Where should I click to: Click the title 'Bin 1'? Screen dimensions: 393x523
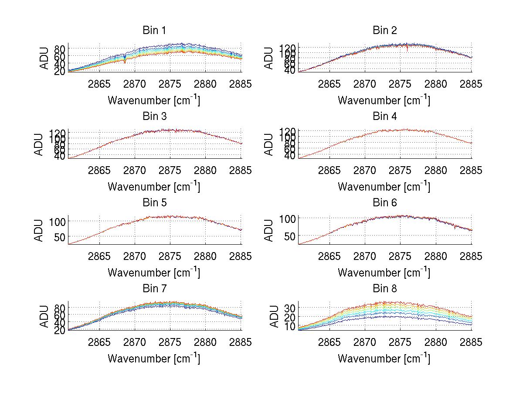coord(154,31)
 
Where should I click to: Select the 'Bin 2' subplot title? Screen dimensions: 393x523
coord(384,31)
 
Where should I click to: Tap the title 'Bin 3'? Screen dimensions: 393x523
coord(154,116)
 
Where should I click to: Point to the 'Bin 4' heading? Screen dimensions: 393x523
coord(384,116)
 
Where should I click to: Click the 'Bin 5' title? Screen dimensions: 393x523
coord(154,203)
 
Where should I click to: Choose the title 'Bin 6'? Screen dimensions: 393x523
coord(384,203)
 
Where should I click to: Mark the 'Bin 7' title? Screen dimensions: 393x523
coord(154,289)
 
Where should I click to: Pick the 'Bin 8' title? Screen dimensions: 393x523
coord(384,289)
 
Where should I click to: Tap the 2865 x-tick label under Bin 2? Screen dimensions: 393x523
coord(329,84)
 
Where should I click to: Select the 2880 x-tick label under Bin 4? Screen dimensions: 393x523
coord(436,171)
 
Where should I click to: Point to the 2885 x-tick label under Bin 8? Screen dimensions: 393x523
coord(471,342)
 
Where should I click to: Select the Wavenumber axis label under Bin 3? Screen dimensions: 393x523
coord(154,187)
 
